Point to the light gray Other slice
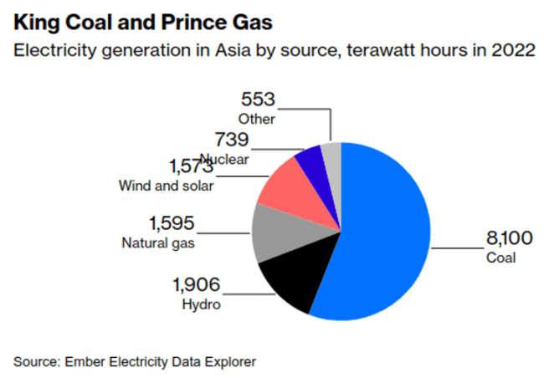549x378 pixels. pos(331,154)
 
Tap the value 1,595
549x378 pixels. pos(172,223)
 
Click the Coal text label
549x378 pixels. pos(500,258)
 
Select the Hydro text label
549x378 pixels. pos(201,304)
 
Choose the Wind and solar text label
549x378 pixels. pos(167,186)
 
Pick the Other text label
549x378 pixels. pos(257,120)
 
